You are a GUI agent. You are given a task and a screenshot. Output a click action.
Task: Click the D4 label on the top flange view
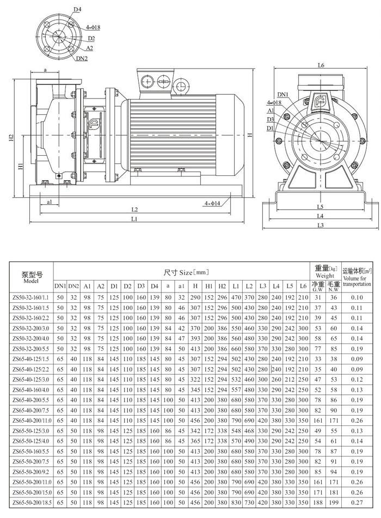pos(77,10)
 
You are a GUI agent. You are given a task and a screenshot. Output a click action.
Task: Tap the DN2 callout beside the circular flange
pos(82,58)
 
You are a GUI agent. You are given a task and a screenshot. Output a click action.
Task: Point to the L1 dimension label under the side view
pos(133,219)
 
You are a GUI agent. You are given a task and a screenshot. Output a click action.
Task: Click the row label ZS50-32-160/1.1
pos(30,297)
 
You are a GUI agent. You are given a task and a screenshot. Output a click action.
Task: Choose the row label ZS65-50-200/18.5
pos(30,504)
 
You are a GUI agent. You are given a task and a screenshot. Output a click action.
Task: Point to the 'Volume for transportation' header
pos(357,281)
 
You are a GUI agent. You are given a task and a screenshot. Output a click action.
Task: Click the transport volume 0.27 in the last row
pos(357,504)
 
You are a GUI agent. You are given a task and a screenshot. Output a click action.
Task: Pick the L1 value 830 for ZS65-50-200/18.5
pos(236,504)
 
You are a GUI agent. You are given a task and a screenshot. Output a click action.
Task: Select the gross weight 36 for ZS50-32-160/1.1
pos(334,297)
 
